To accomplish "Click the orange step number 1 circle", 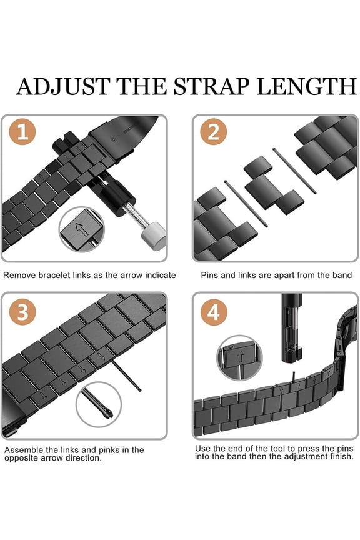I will click(x=22, y=133).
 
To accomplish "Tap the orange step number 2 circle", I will click(x=212, y=133).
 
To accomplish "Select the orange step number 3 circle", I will click(x=22, y=312).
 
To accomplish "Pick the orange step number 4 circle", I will click(x=213, y=312).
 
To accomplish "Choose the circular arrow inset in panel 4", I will click(x=239, y=359).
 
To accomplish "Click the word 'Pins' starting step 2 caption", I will click(x=210, y=275).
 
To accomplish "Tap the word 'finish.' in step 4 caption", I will click(x=339, y=457).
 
